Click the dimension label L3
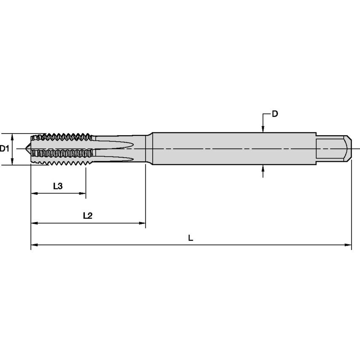[x=58, y=186]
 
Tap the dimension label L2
[x=88, y=215]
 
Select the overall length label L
[x=191, y=238]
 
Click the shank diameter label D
[x=274, y=114]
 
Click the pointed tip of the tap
[x=28, y=149]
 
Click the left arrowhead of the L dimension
[x=34, y=244]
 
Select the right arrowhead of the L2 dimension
[x=142, y=223]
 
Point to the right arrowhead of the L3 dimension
[x=83, y=193]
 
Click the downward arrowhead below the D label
[x=263, y=129]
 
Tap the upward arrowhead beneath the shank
[x=263, y=168]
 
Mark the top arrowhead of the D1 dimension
[x=13, y=136]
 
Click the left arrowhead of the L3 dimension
[x=34, y=193]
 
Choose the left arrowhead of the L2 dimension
[x=34, y=223]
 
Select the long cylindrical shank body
[x=232, y=148]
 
